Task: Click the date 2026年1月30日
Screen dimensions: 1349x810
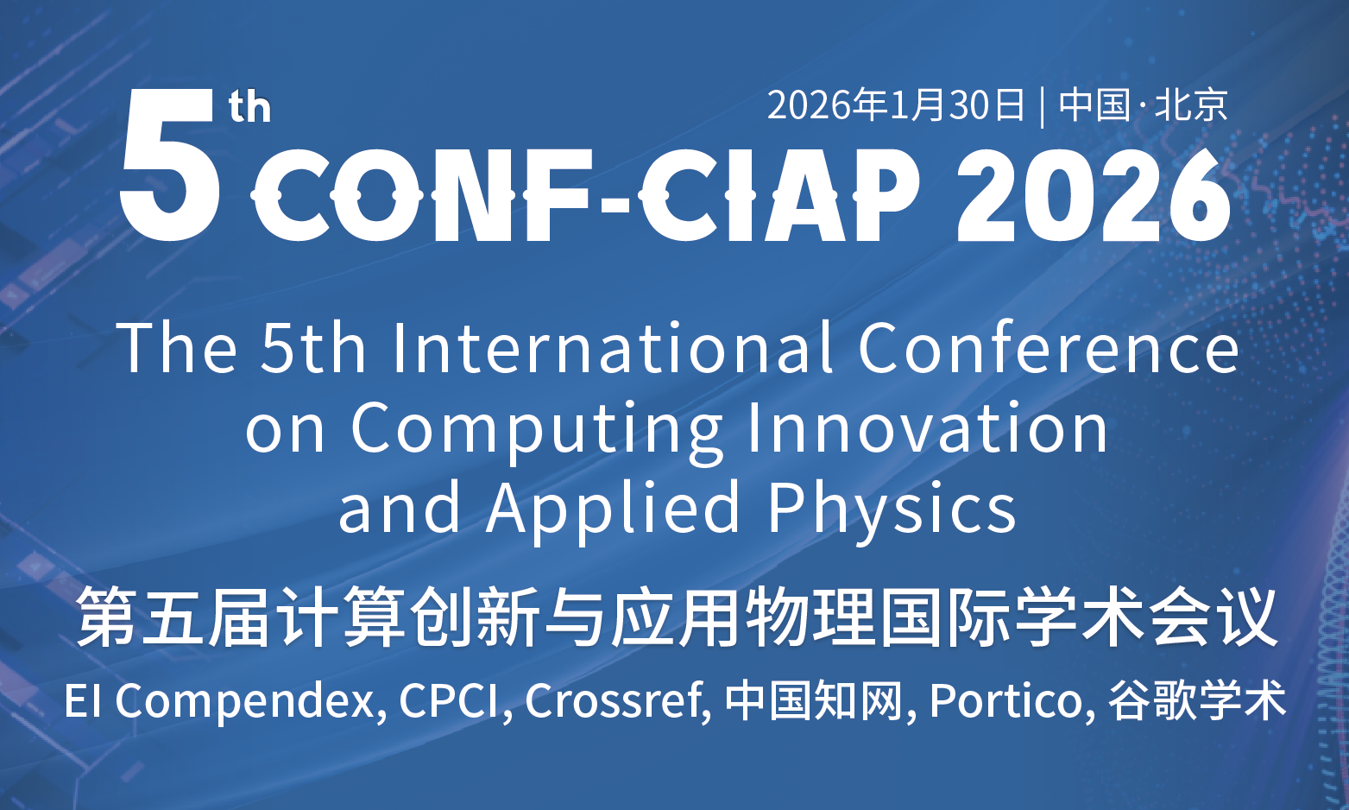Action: coord(896,104)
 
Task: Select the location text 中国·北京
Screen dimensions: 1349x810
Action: coord(1143,104)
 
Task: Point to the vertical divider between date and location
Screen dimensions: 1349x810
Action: coord(1042,106)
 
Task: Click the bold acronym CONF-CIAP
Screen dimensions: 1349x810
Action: coord(585,194)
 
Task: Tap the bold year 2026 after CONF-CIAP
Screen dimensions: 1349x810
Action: coord(1093,194)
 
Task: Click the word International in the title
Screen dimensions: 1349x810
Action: coord(614,348)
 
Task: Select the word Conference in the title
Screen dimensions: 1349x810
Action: coord(1049,348)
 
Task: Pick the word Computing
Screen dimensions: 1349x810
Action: coord(537,429)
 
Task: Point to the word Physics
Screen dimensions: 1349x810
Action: coord(892,509)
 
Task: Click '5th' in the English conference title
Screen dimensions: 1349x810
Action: coord(312,348)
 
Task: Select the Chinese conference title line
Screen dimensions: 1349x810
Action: coord(676,617)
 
